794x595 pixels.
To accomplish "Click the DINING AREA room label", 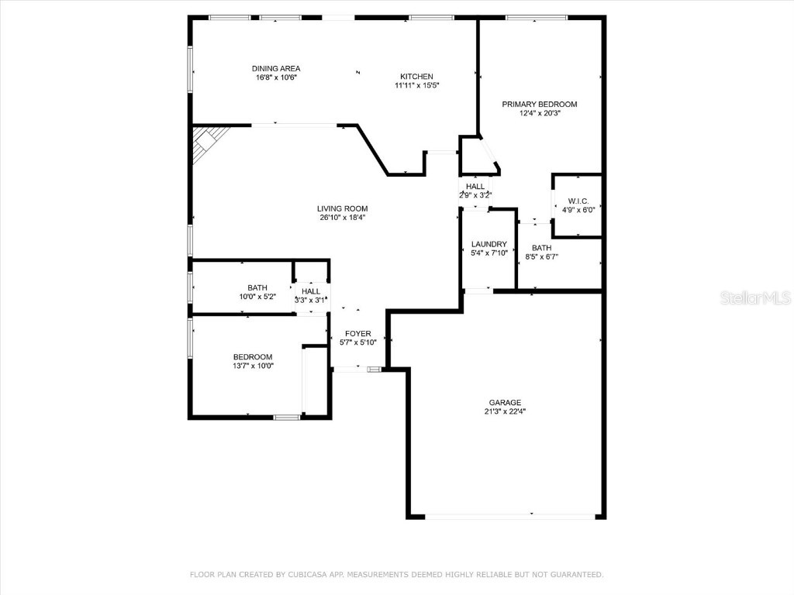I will [x=276, y=68].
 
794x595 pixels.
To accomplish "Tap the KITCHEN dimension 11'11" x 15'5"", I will [x=416, y=85].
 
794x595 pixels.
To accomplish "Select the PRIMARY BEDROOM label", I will [x=539, y=104].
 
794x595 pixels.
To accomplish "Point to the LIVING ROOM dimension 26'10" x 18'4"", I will [x=342, y=218].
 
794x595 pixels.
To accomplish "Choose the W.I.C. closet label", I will [x=578, y=201].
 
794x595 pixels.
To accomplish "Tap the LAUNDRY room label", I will [x=489, y=244].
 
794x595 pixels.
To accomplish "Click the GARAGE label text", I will [x=505, y=402].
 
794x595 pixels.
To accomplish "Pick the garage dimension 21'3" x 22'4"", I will [x=505, y=411].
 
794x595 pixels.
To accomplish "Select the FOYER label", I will [x=357, y=333].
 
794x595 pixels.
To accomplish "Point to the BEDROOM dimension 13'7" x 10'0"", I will [x=253, y=366].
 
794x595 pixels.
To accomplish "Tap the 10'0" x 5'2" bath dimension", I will [x=257, y=297].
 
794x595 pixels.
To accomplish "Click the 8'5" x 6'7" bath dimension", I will [x=541, y=256].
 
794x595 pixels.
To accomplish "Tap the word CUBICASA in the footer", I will [x=305, y=575].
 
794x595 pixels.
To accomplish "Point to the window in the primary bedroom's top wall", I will [x=537, y=17].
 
